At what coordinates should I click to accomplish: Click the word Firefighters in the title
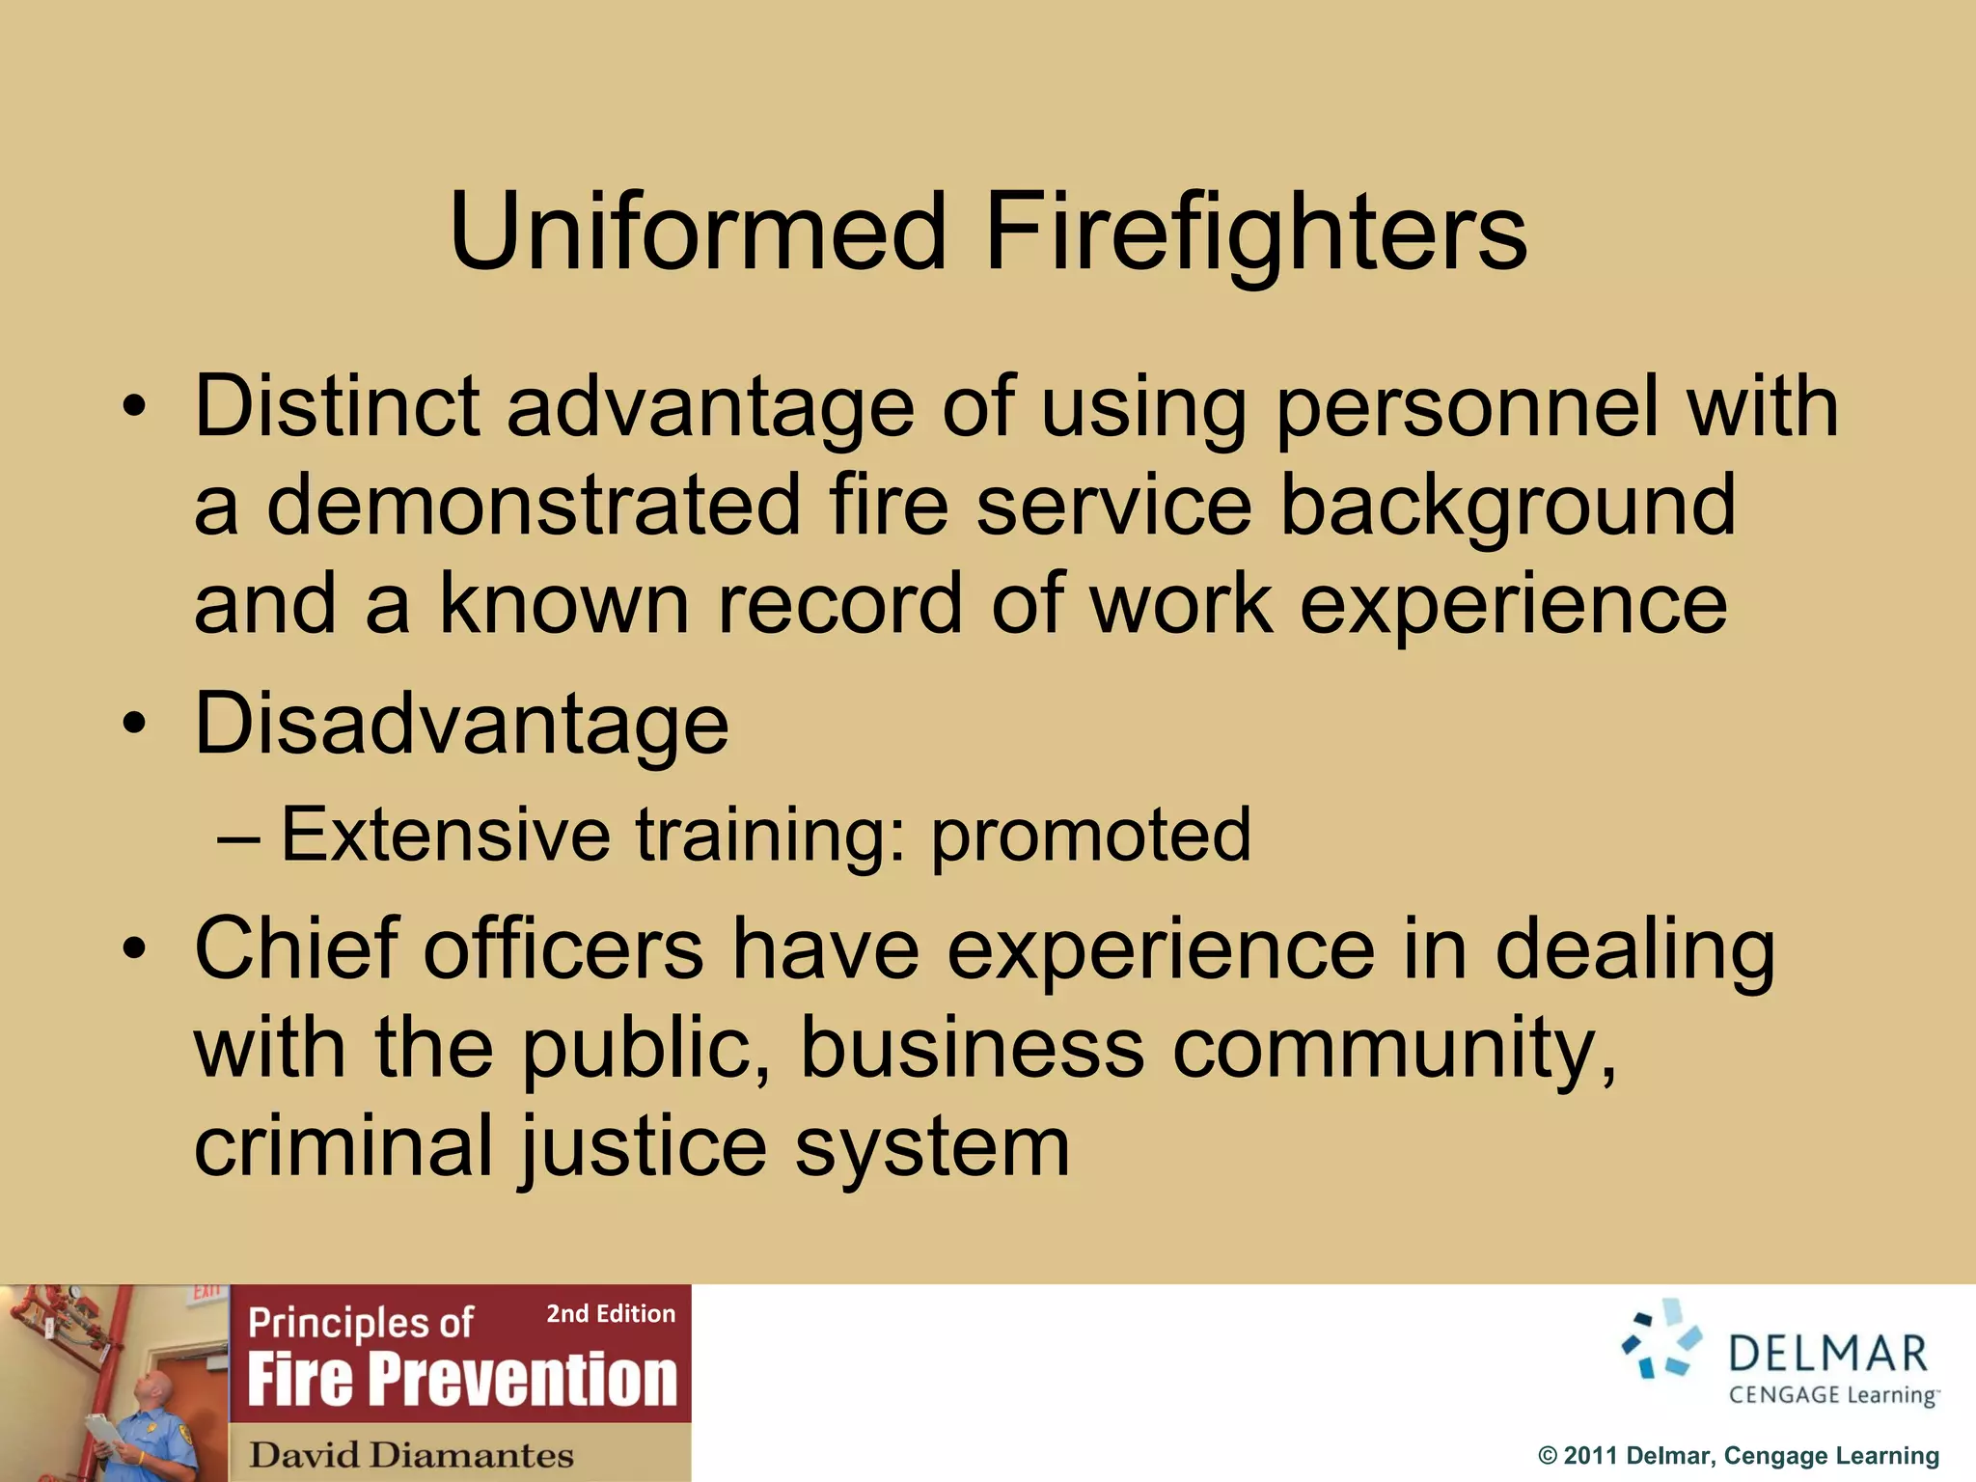pyautogui.click(x=1255, y=232)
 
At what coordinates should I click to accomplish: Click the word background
pyautogui.click(x=1506, y=507)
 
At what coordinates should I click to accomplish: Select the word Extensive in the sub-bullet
pyautogui.click(x=445, y=834)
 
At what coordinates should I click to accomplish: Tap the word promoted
pyautogui.click(x=1090, y=836)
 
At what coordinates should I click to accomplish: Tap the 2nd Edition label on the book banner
pyautogui.click(x=611, y=1314)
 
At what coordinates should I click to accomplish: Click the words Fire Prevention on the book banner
pyautogui.click(x=462, y=1380)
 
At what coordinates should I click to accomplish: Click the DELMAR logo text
pyautogui.click(x=1827, y=1355)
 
